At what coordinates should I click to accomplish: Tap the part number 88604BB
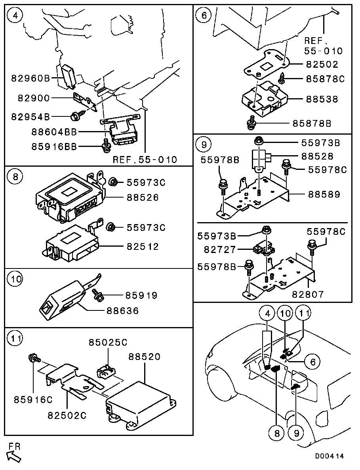(x=55, y=131)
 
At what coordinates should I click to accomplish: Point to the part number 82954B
(x=30, y=117)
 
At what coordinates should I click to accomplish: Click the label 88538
(x=322, y=99)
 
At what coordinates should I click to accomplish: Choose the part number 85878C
(x=325, y=79)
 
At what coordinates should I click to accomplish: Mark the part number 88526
(x=143, y=197)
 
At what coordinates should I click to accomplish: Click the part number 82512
(x=143, y=247)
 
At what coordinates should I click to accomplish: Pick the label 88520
(x=144, y=357)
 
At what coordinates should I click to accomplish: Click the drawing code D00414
(x=330, y=456)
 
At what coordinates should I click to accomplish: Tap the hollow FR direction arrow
(x=15, y=457)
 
